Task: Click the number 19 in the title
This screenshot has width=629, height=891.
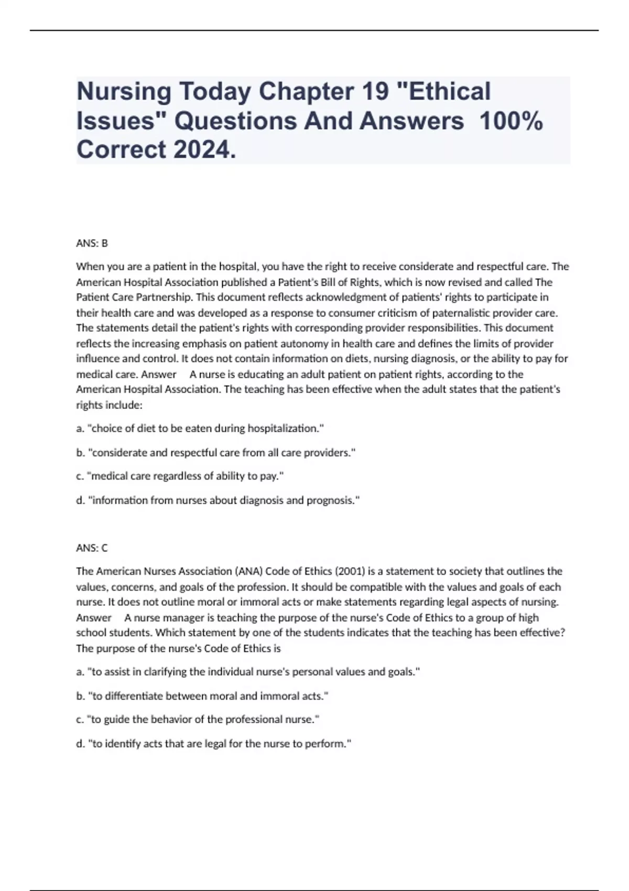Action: [x=374, y=91]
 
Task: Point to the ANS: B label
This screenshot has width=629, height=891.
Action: [x=92, y=243]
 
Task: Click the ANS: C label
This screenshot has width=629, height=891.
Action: [x=92, y=548]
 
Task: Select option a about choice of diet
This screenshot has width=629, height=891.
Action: [x=200, y=428]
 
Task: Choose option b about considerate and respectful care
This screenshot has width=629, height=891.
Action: [x=215, y=452]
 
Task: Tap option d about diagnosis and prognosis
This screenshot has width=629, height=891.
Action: [x=218, y=500]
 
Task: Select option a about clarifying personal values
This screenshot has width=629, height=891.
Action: [x=247, y=671]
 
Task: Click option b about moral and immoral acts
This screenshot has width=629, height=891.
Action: [x=202, y=696]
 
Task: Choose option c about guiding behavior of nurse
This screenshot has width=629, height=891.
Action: [x=198, y=719]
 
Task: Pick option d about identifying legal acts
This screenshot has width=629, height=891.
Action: [x=213, y=743]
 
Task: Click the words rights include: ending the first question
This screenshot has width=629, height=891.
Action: [x=110, y=405]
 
